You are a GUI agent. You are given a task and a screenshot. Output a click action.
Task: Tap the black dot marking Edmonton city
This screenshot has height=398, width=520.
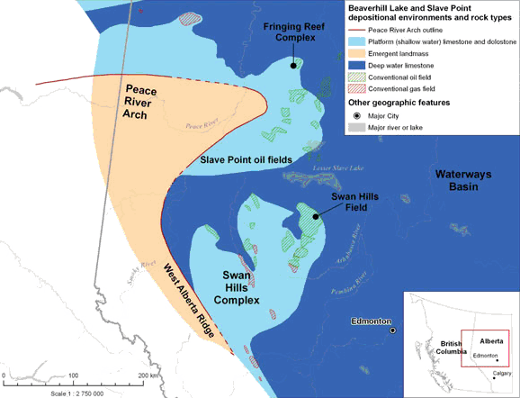(x=393, y=331)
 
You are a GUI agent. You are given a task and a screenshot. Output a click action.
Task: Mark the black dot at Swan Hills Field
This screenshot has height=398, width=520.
(x=316, y=216)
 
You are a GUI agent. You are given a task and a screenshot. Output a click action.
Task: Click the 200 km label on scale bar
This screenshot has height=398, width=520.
(x=149, y=375)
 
